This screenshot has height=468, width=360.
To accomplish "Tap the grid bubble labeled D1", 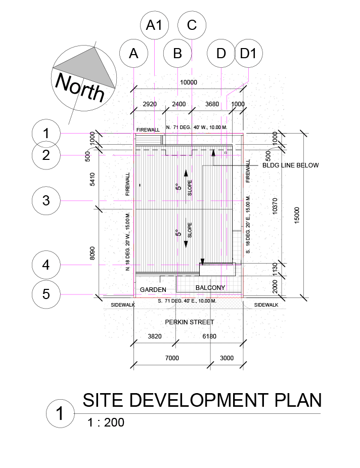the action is [248, 53].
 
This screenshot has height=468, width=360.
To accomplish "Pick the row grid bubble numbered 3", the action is [46, 200].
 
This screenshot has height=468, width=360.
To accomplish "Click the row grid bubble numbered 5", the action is [46, 294].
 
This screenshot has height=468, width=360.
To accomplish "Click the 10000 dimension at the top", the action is [189, 82].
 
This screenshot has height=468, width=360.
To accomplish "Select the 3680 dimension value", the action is [212, 104].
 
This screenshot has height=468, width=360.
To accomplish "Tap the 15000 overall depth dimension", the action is [297, 214].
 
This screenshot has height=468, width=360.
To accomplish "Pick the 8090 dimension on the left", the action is [92, 253].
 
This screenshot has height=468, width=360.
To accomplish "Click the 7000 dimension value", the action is [172, 358].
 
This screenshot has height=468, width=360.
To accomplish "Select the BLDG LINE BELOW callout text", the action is [291, 165].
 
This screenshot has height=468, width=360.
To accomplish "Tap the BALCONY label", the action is [210, 288].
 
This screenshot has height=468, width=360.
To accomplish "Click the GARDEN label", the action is [153, 289].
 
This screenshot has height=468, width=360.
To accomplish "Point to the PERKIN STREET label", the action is [190, 322].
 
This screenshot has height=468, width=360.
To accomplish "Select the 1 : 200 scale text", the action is [106, 422].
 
